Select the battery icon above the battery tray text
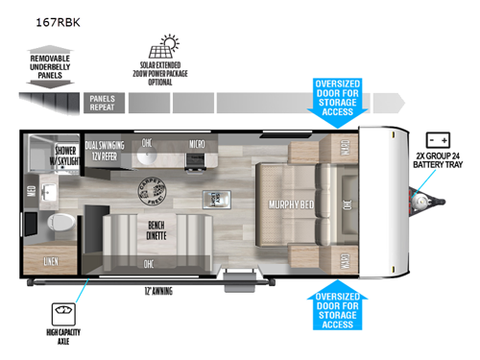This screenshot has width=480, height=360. pyautogui.click(x=438, y=140)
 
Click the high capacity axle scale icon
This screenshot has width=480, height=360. pyautogui.click(x=66, y=315)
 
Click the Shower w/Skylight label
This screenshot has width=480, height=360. pyautogui.click(x=65, y=156)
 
